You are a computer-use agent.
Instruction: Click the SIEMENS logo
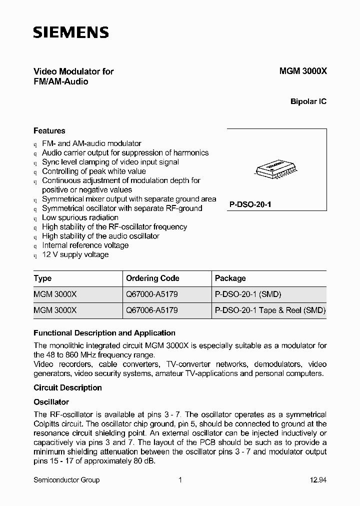(x=70, y=33)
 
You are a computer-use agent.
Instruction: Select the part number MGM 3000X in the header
(x=302, y=71)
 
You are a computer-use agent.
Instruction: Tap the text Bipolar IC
(x=308, y=101)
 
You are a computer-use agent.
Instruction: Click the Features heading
(x=49, y=131)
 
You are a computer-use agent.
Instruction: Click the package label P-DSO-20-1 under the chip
(x=250, y=205)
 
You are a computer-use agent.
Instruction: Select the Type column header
(x=42, y=278)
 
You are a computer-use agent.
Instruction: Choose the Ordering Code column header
(x=152, y=278)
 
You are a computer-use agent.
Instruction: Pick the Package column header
(x=230, y=278)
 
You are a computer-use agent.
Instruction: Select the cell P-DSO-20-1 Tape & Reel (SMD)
(x=270, y=310)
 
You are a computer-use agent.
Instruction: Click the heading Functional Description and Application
(x=104, y=333)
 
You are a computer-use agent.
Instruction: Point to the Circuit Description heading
(x=67, y=388)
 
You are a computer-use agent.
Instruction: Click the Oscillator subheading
(x=51, y=402)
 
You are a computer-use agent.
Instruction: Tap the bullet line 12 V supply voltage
(x=75, y=255)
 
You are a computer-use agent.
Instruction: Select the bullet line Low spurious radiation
(x=80, y=218)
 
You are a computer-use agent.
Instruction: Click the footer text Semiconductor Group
(x=66, y=480)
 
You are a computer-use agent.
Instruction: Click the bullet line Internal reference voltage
(x=85, y=245)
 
